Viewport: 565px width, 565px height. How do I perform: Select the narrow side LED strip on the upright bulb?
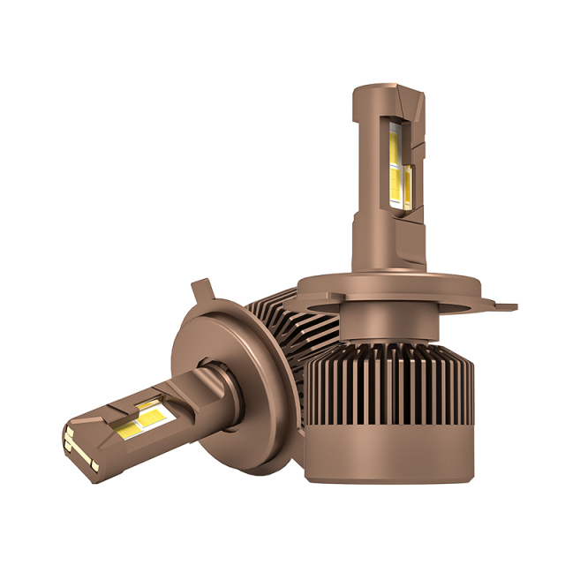[x=411, y=185]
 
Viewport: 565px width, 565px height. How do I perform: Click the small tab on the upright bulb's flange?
[x=505, y=308]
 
